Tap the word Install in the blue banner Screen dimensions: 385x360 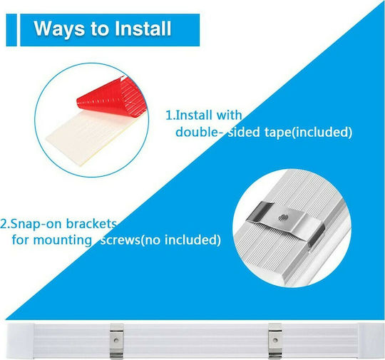point(143,29)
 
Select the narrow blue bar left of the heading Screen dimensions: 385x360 point(11,30)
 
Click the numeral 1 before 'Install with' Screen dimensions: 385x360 point(169,115)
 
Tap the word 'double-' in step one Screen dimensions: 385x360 point(197,132)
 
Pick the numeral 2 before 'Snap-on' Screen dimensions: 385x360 point(4,224)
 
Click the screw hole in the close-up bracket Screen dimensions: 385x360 point(282,217)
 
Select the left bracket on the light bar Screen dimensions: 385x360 point(116,341)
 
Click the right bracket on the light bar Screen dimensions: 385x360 point(275,341)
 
